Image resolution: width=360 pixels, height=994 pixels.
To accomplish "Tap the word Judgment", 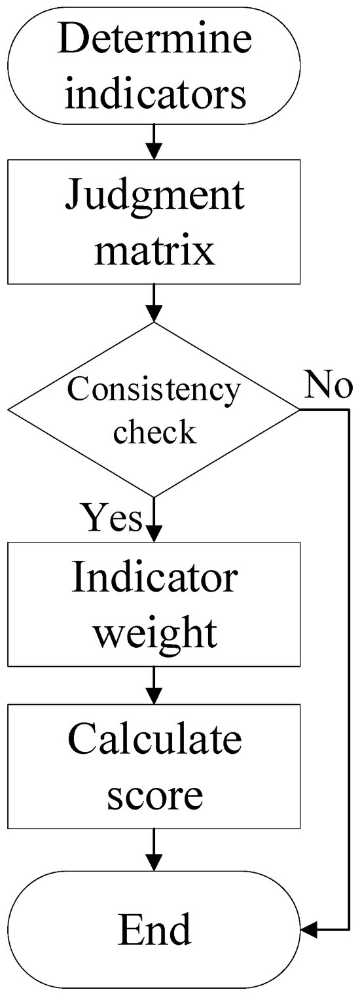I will pos(154,196).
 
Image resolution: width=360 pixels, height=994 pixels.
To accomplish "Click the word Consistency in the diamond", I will pos(154,391).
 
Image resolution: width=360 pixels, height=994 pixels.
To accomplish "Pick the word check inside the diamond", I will pos(154,433).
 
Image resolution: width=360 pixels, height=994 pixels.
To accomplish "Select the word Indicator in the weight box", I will pos(154,578).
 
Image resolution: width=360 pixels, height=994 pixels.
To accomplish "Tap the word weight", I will pos(154,632).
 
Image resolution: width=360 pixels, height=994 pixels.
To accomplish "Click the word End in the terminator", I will pos(154,929).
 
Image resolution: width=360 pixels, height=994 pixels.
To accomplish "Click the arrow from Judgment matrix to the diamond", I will pos(154,303).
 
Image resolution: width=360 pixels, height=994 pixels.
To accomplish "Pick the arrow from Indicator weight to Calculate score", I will pos(154,685).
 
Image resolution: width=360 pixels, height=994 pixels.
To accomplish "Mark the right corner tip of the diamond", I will pos(298,410).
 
